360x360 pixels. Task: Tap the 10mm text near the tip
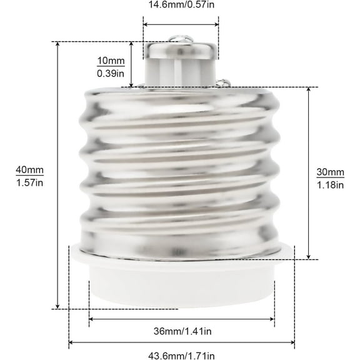tap(111, 61)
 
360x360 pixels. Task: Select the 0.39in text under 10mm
tap(111, 73)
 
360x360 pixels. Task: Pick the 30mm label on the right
tap(331, 172)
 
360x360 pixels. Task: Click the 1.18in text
tap(331, 184)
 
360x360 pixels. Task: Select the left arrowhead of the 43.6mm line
tap(71, 342)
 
